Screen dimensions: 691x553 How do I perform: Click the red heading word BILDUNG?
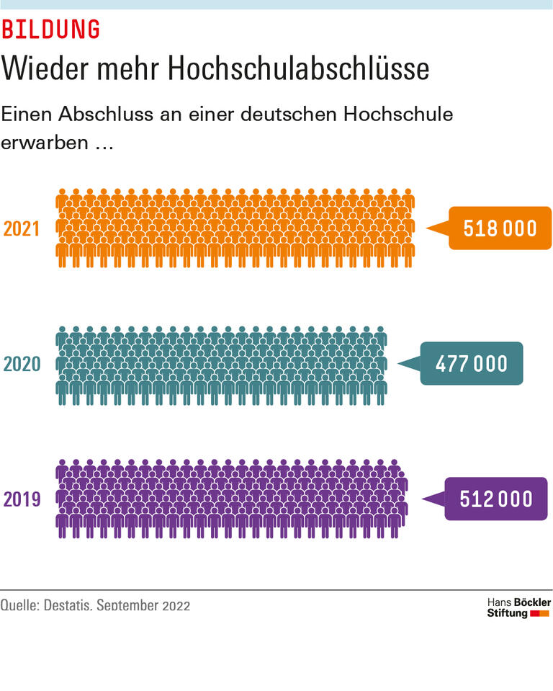point(50,30)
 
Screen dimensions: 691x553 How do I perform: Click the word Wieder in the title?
point(42,68)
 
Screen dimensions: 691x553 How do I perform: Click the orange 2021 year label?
point(22,228)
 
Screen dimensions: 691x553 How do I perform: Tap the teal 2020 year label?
point(22,364)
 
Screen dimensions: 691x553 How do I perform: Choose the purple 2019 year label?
point(22,499)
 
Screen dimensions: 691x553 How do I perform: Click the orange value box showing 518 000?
point(500,228)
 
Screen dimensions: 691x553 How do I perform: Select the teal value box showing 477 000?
point(471,364)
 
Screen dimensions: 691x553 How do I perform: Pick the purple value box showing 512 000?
point(496,499)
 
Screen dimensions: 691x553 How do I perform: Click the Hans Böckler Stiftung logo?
point(518,607)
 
